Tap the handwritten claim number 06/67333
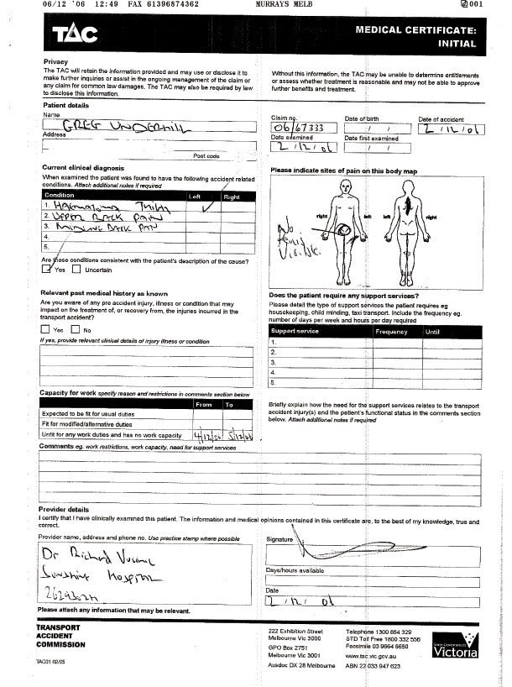click(304, 128)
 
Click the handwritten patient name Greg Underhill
click(118, 125)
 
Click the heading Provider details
click(64, 509)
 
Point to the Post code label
click(206, 156)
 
